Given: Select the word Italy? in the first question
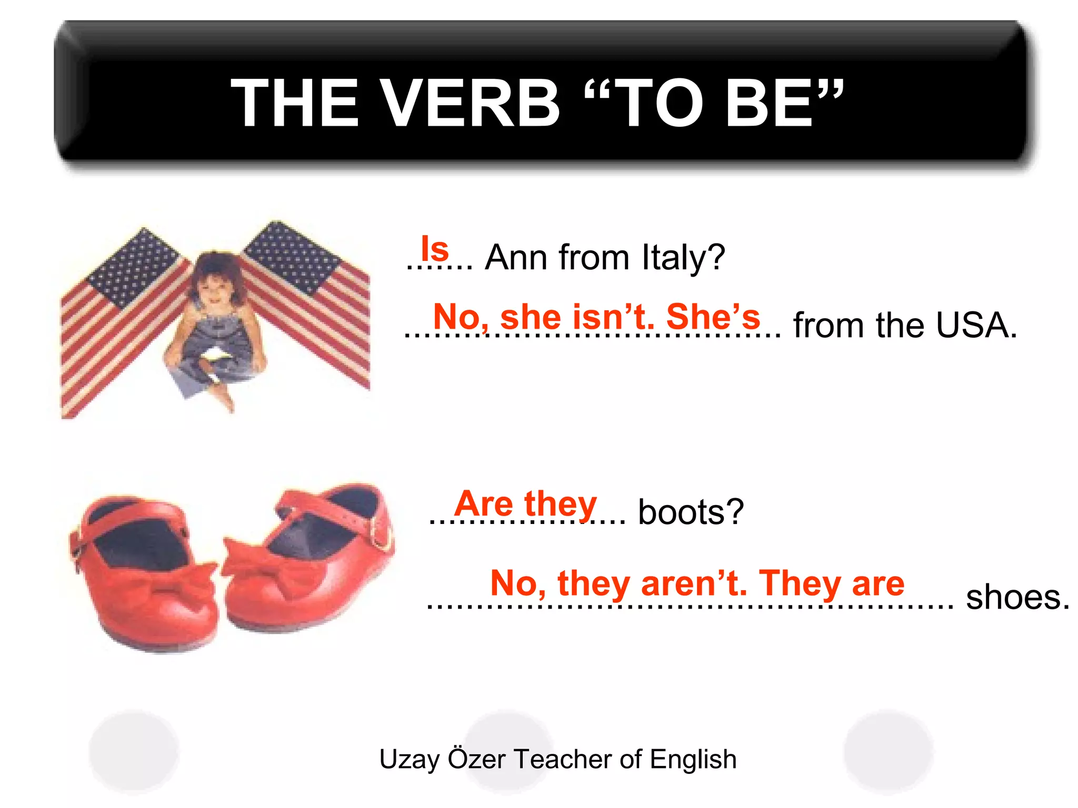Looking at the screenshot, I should tap(683, 257).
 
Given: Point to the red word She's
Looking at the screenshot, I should tap(713, 317).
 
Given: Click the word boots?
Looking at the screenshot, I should tap(691, 512).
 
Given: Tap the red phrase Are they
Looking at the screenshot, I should tap(526, 503).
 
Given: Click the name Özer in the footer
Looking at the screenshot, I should tap(476, 759).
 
